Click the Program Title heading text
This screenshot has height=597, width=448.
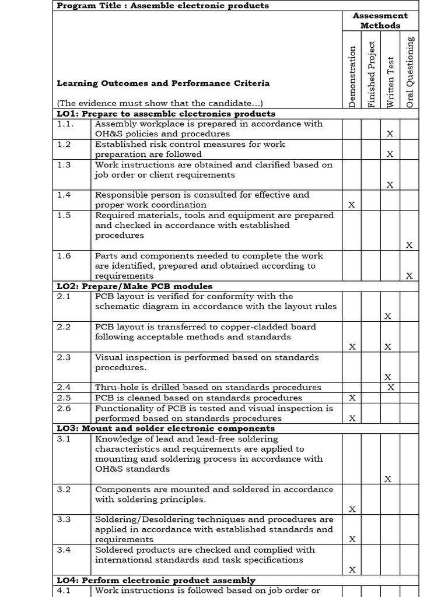pos(155,6)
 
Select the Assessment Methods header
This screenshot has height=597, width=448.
pos(380,20)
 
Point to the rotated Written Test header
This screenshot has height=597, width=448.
pos(390,82)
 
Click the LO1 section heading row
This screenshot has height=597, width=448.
pos(166,114)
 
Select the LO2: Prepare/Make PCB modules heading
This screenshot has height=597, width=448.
pos(134,286)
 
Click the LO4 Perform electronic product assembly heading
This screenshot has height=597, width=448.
pos(156,580)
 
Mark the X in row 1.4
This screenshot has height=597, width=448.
pos(351,205)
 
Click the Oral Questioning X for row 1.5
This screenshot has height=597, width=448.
pos(409,245)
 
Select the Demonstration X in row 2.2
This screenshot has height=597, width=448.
pos(352,347)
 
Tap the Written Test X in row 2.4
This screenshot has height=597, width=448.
pos(391,387)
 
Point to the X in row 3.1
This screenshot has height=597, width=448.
pos(388,479)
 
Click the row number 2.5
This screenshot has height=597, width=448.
pos(64,398)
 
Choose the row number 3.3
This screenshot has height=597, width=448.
pos(64,519)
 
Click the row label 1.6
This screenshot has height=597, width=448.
pos(64,256)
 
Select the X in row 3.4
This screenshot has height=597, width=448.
pos(352,570)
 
